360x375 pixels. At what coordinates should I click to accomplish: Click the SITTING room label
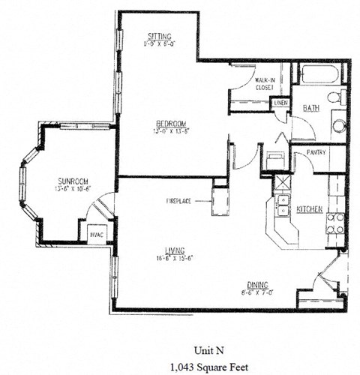[160, 36]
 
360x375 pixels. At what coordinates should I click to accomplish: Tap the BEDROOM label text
[171, 123]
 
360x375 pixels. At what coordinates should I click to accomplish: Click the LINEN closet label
[280, 102]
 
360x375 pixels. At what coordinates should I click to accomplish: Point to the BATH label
[310, 109]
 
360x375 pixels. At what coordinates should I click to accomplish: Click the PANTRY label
[315, 152]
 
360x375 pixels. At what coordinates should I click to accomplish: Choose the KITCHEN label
[310, 209]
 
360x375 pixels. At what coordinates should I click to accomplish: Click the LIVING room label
[175, 252]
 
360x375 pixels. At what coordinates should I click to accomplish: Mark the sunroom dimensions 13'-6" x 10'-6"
[73, 189]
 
